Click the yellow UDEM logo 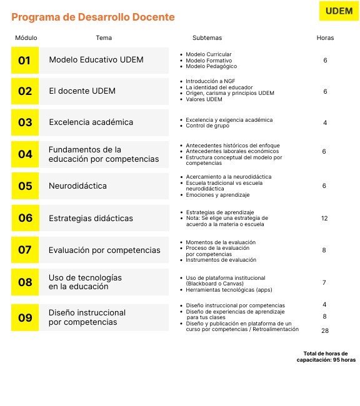pos(339,11)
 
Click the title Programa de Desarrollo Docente pos(93,17)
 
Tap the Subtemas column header pos(207,38)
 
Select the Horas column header pos(325,38)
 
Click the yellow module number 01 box pos(24,61)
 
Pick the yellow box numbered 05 pos(25,186)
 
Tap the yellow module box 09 pos(25,317)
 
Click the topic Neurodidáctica pos(77,186)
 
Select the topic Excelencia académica pos(91,122)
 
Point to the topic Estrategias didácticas pos(91,218)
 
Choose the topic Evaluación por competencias pos(104,250)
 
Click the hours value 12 pos(324,218)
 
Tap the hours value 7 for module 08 pos(324,283)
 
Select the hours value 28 pos(325,330)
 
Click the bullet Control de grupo pos(209,126)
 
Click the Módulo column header pos(26,38)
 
